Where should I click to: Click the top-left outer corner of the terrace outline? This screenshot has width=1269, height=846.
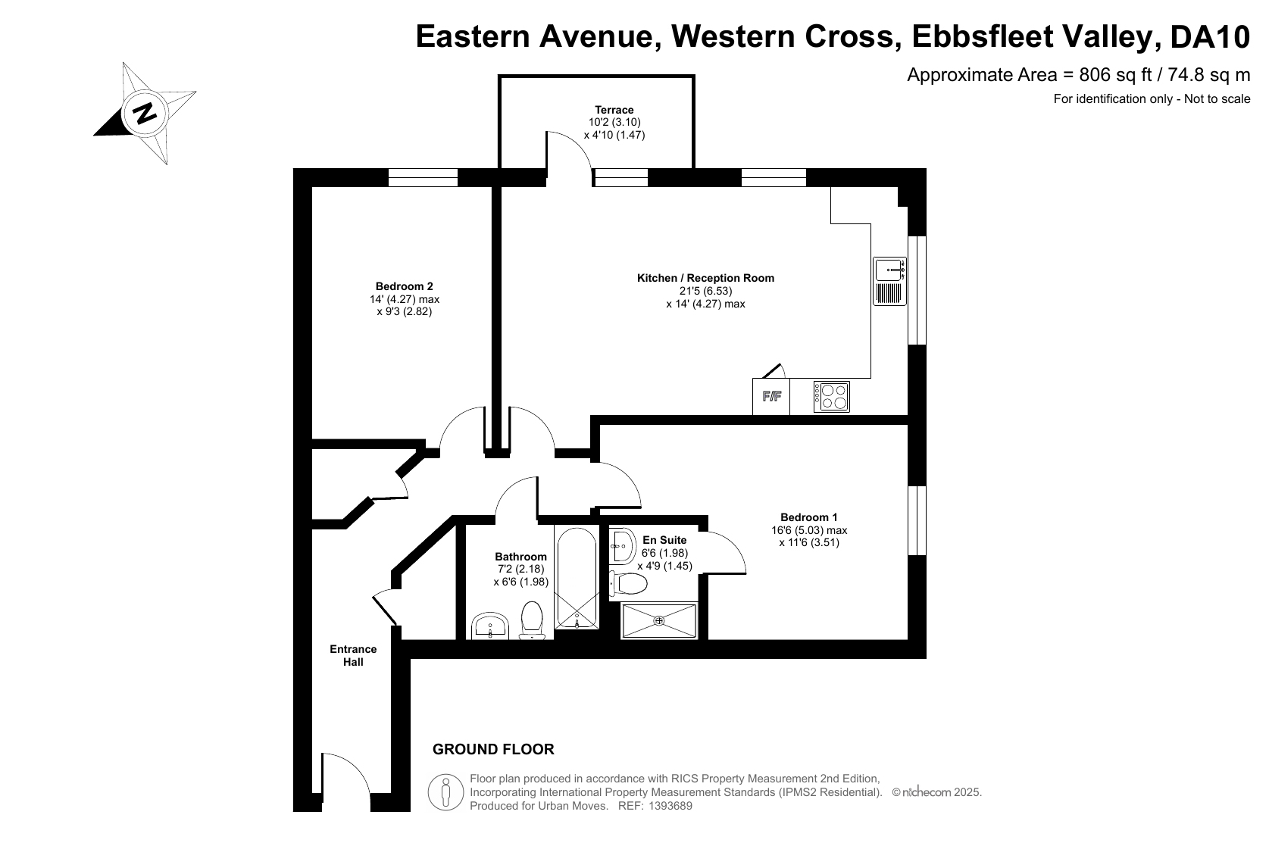click(499, 75)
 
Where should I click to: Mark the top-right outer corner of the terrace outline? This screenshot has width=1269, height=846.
click(695, 75)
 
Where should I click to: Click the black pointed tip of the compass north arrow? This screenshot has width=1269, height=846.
click(94, 136)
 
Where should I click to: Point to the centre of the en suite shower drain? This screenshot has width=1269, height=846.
click(659, 620)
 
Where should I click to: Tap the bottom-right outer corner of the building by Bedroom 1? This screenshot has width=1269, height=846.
click(926, 658)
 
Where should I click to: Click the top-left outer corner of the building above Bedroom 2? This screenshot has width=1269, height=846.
click(293, 169)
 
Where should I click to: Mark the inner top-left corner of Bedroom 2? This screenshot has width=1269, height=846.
click(313, 187)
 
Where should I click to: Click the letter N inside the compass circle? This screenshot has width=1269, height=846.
click(145, 113)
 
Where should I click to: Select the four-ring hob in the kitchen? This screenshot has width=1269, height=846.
click(832, 396)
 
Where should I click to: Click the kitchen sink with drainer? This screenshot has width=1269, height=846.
click(890, 282)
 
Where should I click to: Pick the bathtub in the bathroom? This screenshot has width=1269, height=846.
click(577, 578)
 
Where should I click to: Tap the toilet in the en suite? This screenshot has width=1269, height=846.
click(628, 582)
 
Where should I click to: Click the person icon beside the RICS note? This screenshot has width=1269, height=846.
click(445, 791)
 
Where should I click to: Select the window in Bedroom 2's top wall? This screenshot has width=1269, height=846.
click(424, 178)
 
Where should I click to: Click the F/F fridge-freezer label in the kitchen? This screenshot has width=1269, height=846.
click(771, 396)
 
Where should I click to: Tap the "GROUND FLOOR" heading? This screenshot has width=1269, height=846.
click(493, 749)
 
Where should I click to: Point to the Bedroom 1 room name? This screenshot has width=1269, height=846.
click(808, 517)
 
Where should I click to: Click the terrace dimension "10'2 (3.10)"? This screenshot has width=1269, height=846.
click(614, 122)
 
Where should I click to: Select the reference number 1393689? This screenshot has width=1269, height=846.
click(670, 806)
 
